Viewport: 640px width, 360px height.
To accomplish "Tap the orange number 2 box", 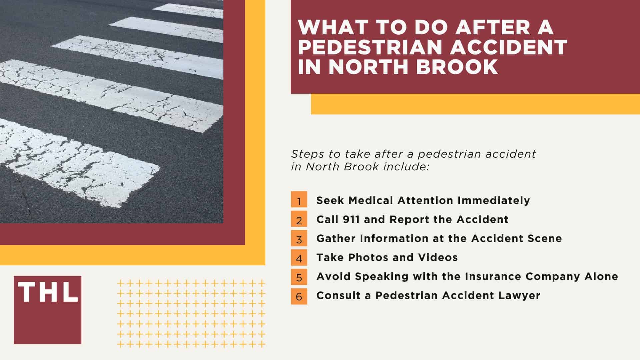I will coord(299,219).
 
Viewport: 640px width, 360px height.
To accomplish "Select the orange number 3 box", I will coord(299,238).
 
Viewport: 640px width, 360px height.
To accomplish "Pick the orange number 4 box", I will coord(299,257).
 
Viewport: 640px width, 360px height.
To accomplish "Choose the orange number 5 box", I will coord(299,277).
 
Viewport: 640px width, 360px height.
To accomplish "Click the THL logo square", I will coord(48,310).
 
